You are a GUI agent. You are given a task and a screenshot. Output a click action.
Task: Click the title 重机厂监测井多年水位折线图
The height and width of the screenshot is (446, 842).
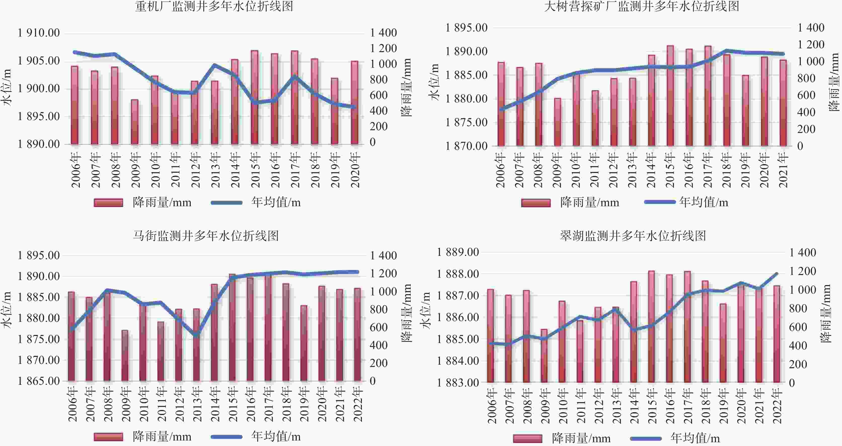(x=214, y=7)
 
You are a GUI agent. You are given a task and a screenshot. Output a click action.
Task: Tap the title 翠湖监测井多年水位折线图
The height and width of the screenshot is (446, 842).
(x=633, y=236)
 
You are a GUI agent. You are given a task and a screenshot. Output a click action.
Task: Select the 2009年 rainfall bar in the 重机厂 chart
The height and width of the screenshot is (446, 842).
(x=135, y=122)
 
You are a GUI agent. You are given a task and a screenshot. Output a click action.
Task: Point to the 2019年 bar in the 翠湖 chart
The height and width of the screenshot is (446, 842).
(x=723, y=343)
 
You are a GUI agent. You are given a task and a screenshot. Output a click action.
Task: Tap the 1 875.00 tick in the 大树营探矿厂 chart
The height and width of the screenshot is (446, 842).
(x=467, y=122)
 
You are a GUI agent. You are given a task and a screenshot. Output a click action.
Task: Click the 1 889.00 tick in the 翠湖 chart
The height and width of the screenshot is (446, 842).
(x=458, y=252)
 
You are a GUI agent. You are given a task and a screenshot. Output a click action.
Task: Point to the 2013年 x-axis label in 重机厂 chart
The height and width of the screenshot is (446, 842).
(x=215, y=170)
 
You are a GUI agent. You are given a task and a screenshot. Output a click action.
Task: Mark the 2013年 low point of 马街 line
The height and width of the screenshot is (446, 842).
(x=196, y=334)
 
